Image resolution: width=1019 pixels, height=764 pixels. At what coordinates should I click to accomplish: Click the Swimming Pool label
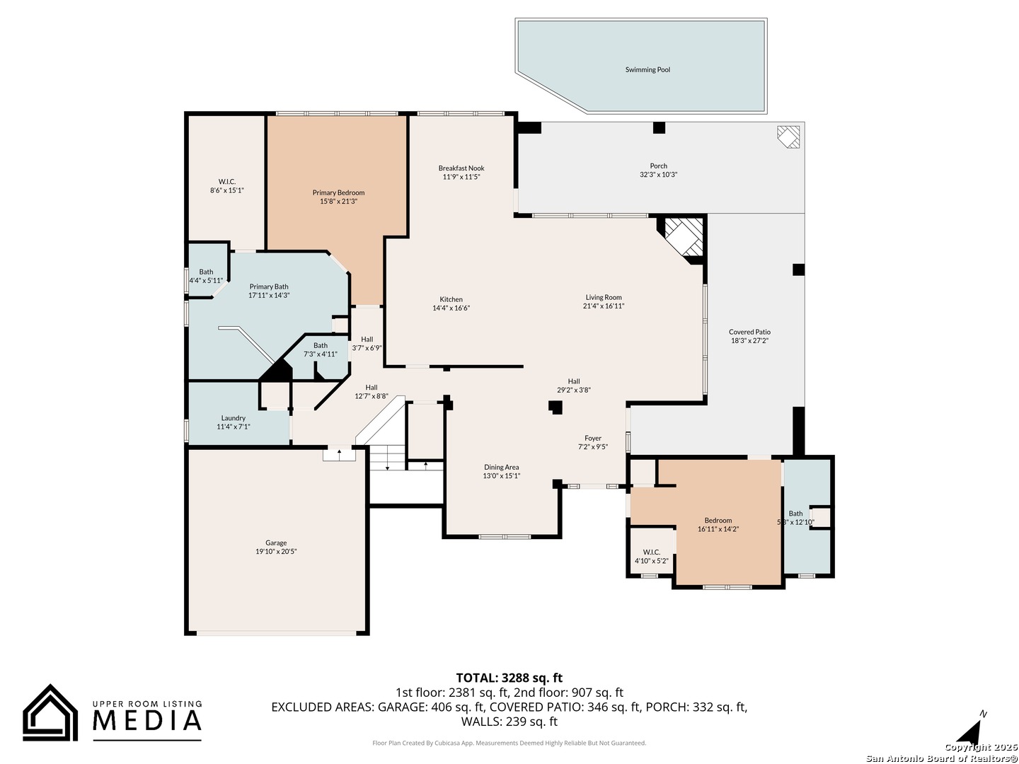(647, 69)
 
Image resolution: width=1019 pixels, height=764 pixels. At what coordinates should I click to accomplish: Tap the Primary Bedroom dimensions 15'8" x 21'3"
(338, 202)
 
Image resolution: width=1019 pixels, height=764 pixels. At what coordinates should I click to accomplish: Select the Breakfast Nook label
(461, 168)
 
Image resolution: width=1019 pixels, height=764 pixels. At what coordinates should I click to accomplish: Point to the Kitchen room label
(451, 299)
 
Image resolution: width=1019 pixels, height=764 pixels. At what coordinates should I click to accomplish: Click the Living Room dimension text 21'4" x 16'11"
(604, 306)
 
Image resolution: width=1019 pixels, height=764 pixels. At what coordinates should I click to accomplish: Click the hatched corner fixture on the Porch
(788, 137)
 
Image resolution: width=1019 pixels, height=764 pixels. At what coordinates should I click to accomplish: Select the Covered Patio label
(749, 332)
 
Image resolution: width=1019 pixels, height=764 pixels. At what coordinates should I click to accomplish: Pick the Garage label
(276, 543)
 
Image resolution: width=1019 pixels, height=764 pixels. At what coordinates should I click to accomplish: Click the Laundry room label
(233, 418)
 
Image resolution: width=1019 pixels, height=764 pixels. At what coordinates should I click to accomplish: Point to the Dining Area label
(502, 467)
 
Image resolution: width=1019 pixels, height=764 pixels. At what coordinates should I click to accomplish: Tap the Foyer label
(593, 438)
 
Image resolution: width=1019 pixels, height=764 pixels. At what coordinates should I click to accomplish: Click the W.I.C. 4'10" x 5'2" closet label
(651, 556)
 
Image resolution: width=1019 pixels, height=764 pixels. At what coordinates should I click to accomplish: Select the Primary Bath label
(269, 286)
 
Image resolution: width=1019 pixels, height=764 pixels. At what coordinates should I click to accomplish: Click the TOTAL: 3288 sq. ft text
(509, 678)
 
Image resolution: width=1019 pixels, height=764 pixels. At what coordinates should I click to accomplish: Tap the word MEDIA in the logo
(147, 720)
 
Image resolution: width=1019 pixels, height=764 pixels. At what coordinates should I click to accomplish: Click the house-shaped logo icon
(50, 712)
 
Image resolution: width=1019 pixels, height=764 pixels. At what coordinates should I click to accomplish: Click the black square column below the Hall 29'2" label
(555, 407)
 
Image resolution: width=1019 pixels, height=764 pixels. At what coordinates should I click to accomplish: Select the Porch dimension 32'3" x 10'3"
(658, 175)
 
